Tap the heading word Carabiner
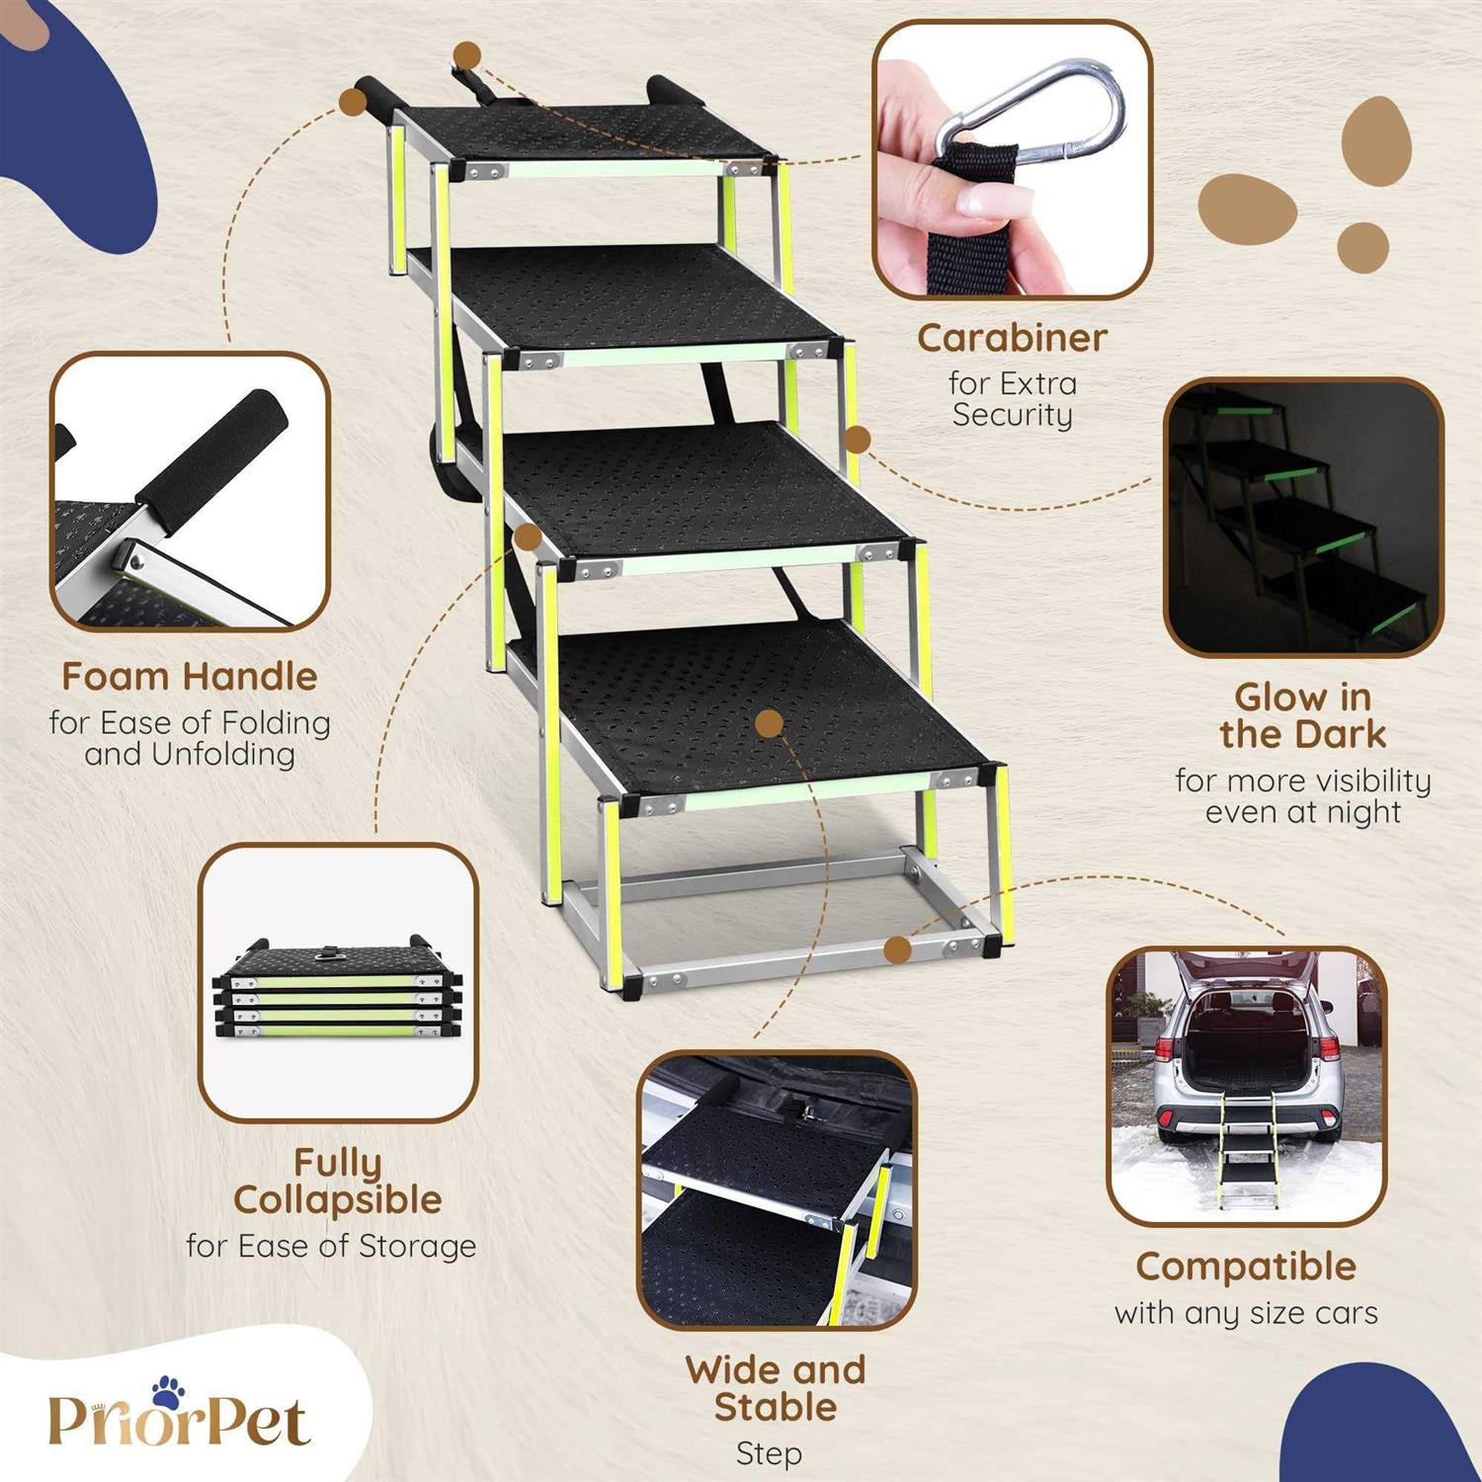[1011, 338]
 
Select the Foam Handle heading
[190, 677]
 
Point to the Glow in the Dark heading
[1302, 716]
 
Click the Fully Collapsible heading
[338, 1182]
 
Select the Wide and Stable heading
[776, 1388]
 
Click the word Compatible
[1246, 1267]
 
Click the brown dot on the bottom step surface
[769, 723]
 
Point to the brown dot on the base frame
[897, 950]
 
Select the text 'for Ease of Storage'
[331, 1246]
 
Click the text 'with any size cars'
[1246, 1313]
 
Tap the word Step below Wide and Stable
[769, 1453]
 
